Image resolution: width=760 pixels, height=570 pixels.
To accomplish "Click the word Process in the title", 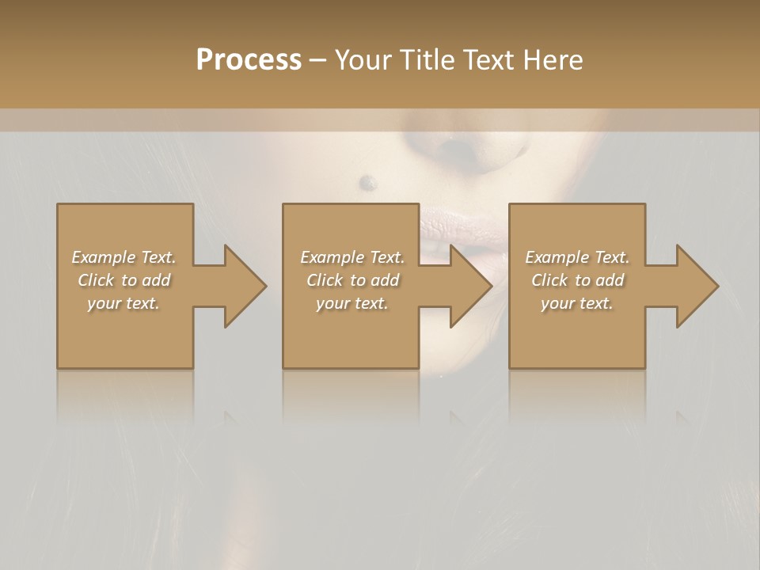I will pyautogui.click(x=249, y=60).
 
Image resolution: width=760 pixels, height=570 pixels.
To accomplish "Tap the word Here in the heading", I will pyautogui.click(x=553, y=60).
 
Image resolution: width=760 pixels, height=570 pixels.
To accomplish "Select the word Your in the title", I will pyautogui.click(x=362, y=60).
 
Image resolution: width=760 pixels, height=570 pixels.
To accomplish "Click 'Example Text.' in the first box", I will pyautogui.click(x=123, y=257).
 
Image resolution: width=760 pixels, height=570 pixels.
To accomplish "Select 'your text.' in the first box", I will pyautogui.click(x=123, y=303).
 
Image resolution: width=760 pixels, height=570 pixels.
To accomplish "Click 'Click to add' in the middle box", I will pyautogui.click(x=352, y=280).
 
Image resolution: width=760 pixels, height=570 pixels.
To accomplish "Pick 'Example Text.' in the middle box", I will pyautogui.click(x=352, y=257).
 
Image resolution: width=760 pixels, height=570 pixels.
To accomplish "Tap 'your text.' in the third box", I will pyautogui.click(x=577, y=303).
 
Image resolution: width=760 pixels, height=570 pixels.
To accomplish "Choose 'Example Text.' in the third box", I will pyautogui.click(x=577, y=257).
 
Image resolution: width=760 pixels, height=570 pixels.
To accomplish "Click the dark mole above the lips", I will pyautogui.click(x=367, y=183).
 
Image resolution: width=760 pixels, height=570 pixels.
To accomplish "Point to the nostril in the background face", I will pyautogui.click(x=454, y=147).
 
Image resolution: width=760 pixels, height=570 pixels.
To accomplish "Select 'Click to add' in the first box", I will pyautogui.click(x=123, y=280).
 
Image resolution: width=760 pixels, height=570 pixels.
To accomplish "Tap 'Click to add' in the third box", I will pyautogui.click(x=577, y=280).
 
